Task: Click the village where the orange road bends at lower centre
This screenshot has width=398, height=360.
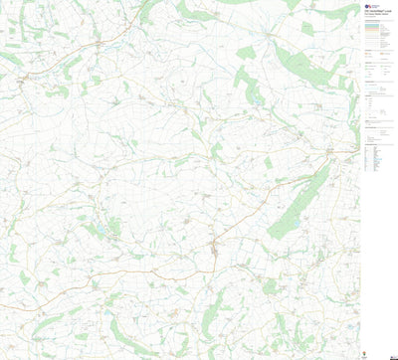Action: click(x=213, y=244)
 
